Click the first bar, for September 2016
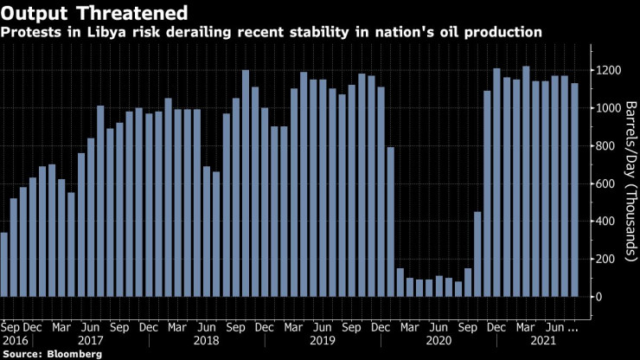coord(4,267)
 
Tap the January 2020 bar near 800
coord(390,225)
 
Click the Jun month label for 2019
coord(322,328)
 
